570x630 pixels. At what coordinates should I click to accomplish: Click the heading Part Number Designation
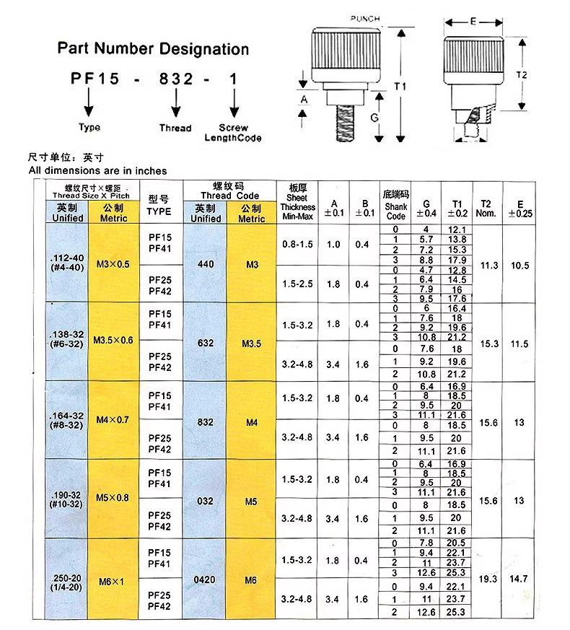coord(153,49)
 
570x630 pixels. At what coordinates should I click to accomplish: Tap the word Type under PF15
coord(89,128)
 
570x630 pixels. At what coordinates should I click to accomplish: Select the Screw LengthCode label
coord(232,133)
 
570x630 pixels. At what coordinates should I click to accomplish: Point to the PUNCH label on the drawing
coord(364,18)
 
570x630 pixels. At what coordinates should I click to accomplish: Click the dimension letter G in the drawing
coord(374,116)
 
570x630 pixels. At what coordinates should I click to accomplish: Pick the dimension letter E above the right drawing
coord(473,22)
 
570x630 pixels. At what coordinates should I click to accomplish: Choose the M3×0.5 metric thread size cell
coord(113,265)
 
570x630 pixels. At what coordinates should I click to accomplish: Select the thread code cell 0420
coord(205,579)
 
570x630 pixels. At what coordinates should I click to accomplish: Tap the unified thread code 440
coord(206,265)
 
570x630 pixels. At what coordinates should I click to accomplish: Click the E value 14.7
coord(519,579)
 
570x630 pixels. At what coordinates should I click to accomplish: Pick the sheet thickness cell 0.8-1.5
coord(297,245)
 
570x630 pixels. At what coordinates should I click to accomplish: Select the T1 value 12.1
coord(457,229)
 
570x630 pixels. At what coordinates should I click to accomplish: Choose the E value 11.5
coord(519,344)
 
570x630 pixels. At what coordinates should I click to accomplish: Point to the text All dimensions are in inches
coord(97,170)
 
